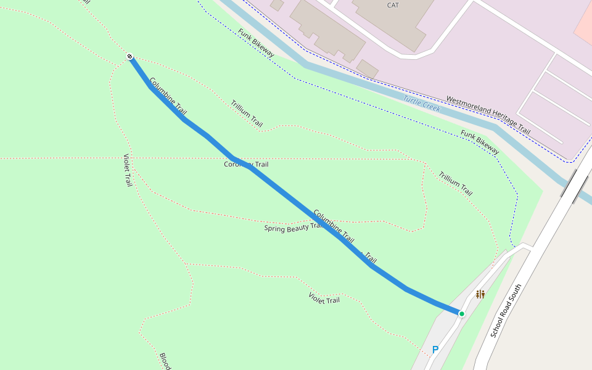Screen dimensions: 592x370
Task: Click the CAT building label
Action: (x=393, y=5)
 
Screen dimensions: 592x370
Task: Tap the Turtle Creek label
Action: (x=422, y=103)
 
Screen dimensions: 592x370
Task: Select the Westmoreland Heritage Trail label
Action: (x=488, y=115)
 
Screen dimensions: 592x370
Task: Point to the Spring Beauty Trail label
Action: (x=294, y=228)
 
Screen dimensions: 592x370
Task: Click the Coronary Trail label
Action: (x=246, y=165)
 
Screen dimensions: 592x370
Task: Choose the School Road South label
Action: (x=506, y=311)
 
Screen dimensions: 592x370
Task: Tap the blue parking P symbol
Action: (x=435, y=350)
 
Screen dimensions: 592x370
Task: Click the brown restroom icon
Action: (x=480, y=294)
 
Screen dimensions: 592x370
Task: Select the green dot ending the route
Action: (x=461, y=314)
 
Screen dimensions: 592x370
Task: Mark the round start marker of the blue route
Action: (x=130, y=57)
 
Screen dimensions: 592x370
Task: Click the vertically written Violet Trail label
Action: (x=128, y=170)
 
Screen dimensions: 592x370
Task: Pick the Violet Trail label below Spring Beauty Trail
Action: (x=324, y=297)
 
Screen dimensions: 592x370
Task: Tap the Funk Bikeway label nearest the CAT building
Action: (x=256, y=43)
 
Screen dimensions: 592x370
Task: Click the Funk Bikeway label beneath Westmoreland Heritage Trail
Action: (x=480, y=141)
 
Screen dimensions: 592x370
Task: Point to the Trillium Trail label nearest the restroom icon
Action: (x=456, y=183)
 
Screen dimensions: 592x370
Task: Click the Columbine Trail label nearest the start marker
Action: (x=168, y=96)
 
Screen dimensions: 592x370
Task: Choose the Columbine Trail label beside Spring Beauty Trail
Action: (x=334, y=226)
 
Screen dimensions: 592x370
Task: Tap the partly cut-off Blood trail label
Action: (x=165, y=361)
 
